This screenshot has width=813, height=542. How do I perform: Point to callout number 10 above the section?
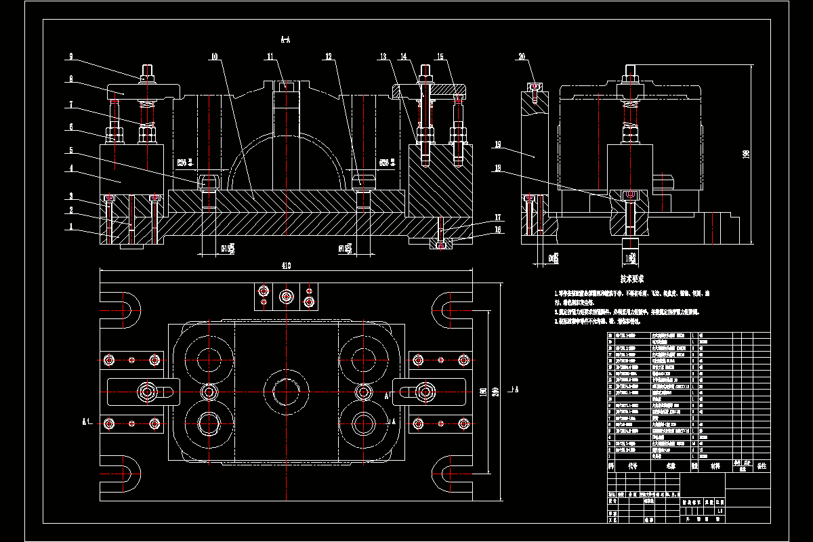[214, 58]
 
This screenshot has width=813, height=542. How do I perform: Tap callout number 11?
[270, 57]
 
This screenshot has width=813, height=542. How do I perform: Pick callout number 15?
[440, 57]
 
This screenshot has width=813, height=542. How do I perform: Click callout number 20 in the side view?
[522, 57]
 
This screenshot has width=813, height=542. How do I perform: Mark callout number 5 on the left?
[70, 150]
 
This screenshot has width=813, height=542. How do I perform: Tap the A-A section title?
[285, 40]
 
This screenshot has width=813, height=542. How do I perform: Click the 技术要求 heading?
[632, 278]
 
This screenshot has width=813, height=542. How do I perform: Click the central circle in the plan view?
[286, 391]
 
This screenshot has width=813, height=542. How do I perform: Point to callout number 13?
[383, 57]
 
